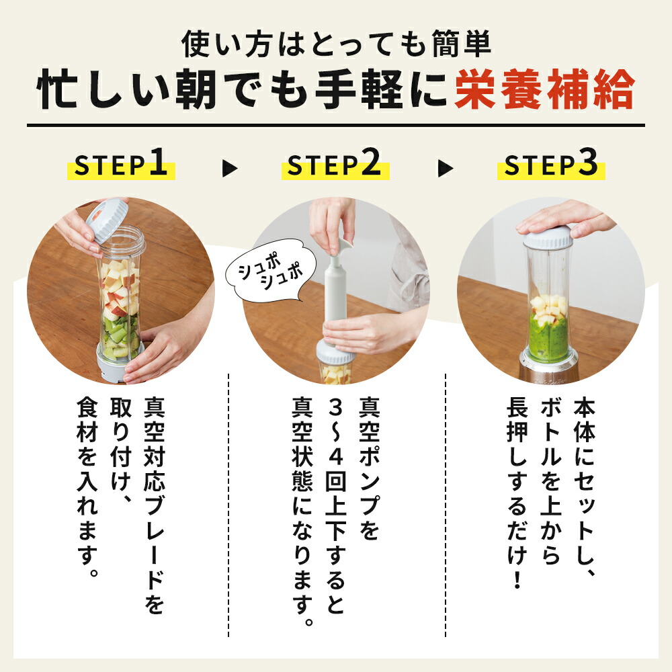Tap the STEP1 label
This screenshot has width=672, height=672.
tap(121, 166)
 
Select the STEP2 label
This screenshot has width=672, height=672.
tap(334, 166)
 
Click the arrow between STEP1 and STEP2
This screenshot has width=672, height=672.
tap(230, 168)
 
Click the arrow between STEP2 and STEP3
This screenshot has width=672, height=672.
tap(445, 168)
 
